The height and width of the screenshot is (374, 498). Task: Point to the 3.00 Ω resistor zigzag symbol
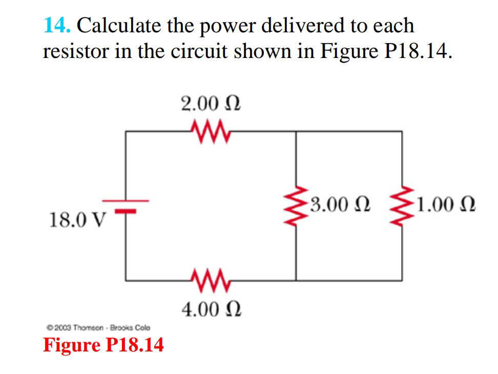click(296, 206)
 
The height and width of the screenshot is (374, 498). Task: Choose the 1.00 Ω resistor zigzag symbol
click(402, 206)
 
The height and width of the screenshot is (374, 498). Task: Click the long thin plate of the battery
click(126, 201)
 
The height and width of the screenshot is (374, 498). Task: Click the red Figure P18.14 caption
click(103, 345)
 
